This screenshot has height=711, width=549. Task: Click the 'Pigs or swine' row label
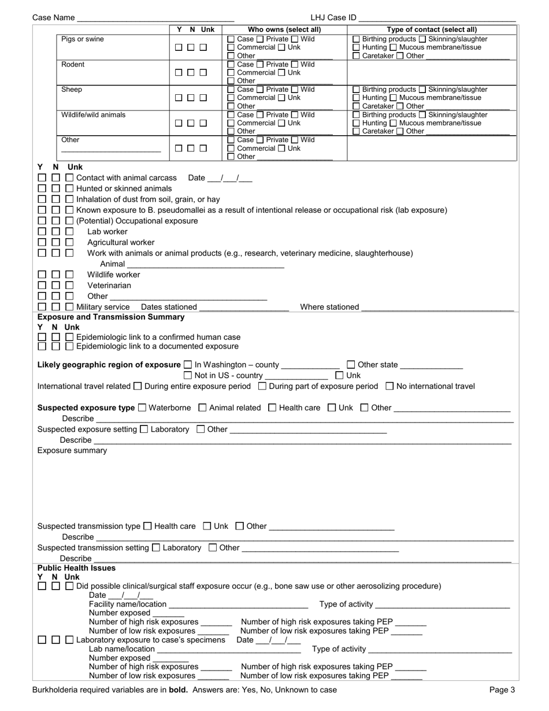click(83, 39)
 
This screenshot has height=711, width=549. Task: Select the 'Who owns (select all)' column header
click(284, 29)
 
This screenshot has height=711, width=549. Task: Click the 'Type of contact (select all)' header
click(432, 29)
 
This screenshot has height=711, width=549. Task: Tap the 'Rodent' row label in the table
click(73, 64)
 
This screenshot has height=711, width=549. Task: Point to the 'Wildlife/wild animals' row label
click(93, 114)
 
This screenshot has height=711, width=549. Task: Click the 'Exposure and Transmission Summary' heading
click(111, 317)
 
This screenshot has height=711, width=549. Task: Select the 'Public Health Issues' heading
click(76, 568)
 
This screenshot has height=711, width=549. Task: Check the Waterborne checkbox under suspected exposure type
click(143, 408)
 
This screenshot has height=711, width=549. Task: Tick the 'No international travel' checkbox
click(390, 386)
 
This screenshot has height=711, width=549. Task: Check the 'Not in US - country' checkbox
click(188, 375)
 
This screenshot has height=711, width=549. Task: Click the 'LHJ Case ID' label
click(333, 18)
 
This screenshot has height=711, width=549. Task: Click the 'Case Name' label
click(53, 18)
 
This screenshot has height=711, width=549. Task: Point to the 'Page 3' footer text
click(502, 690)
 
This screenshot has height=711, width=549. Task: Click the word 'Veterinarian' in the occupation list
click(109, 286)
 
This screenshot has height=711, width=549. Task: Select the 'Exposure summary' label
click(72, 450)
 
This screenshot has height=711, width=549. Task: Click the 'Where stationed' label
click(329, 307)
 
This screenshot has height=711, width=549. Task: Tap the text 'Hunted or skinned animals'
click(124, 188)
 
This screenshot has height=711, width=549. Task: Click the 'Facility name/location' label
click(128, 604)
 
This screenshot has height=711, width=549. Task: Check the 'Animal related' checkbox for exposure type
click(202, 408)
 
